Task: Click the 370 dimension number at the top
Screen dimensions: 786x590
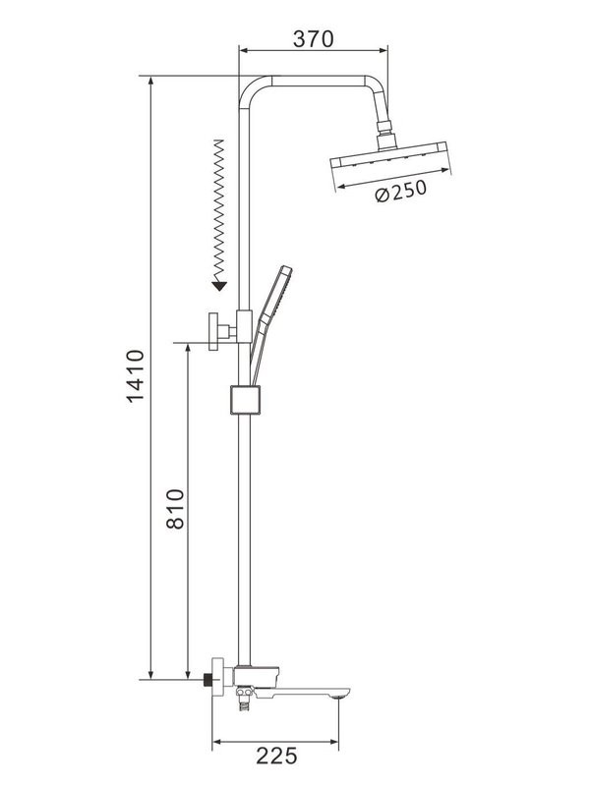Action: point(314,38)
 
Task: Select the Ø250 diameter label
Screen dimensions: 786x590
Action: point(400,192)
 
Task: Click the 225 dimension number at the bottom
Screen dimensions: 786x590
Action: point(276,757)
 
